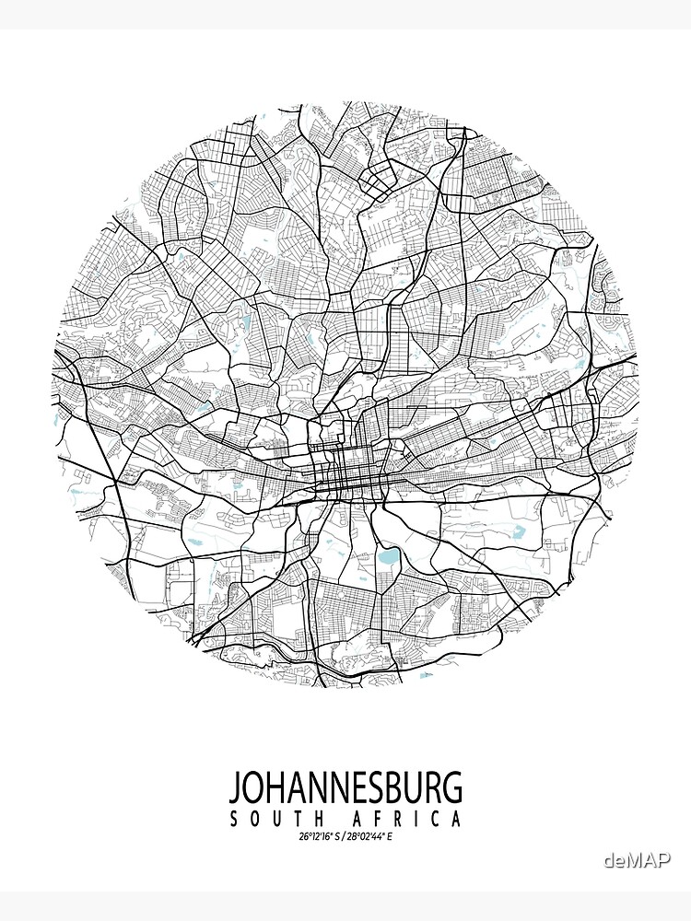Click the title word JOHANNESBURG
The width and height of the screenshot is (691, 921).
coord(345,789)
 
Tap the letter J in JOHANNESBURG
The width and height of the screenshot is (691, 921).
coord(235,789)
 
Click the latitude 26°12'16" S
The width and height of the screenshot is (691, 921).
coord(319,837)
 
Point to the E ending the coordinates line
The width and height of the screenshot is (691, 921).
coord(391,837)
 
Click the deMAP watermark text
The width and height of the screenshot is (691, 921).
coord(637,860)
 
